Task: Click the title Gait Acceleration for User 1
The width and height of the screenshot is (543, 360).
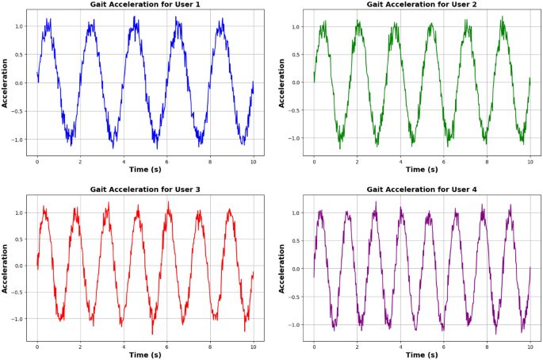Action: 145,5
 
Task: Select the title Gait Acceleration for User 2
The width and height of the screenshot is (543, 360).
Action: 422,5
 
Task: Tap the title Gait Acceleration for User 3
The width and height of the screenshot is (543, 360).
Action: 145,190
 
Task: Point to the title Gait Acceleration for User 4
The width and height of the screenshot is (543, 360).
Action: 422,190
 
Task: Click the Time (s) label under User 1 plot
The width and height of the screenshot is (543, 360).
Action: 145,169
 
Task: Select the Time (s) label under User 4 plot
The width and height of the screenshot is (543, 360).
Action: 422,354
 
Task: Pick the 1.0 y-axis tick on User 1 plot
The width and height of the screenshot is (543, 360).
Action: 19,26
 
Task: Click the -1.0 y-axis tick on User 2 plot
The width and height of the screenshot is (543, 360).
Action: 295,138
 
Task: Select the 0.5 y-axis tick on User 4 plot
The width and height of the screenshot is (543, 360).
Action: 296,240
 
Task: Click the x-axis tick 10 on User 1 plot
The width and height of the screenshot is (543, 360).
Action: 253,160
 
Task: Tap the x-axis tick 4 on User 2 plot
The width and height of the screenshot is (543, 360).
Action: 400,160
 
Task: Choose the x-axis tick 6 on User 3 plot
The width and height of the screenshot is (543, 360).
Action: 166,347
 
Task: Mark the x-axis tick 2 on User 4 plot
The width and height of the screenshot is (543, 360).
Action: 357,347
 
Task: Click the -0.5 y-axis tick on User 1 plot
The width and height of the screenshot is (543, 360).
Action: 17,111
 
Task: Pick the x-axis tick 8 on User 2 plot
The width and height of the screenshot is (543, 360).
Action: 487,160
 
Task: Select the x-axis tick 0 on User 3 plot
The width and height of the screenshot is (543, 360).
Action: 36,347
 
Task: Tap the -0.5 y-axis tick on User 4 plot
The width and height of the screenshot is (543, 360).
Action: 294,297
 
